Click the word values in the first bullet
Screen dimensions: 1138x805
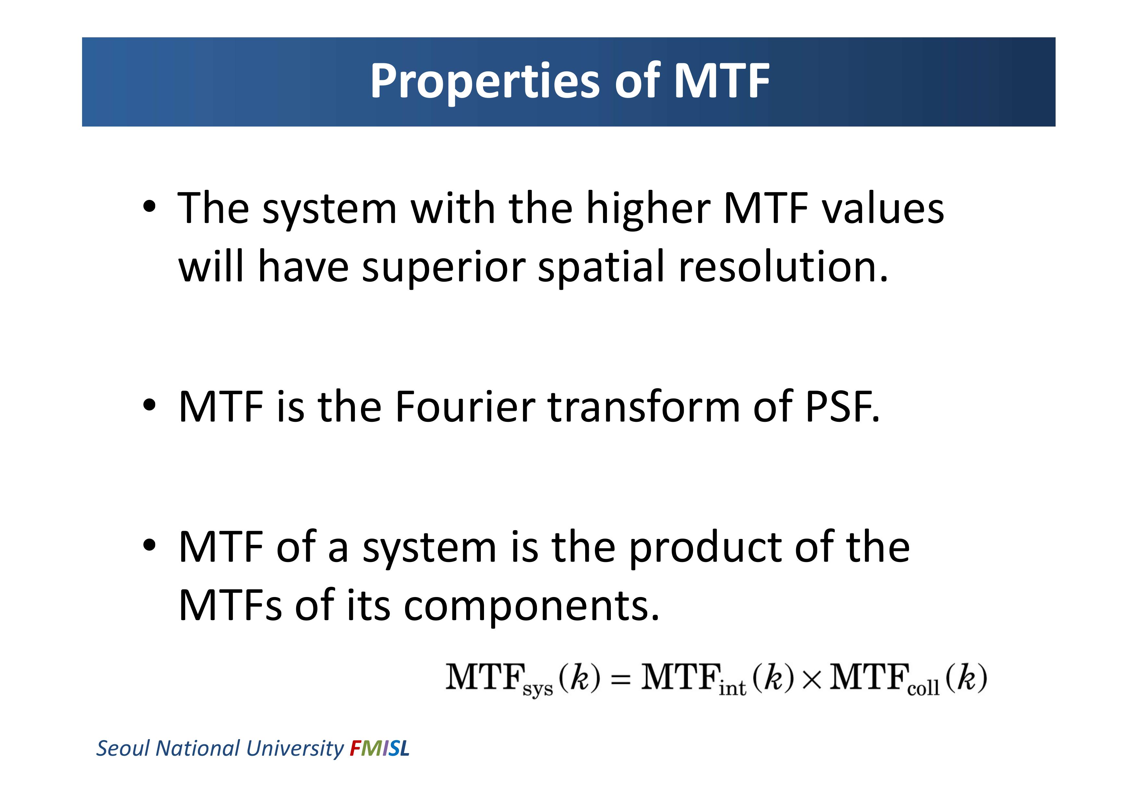click(883, 209)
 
